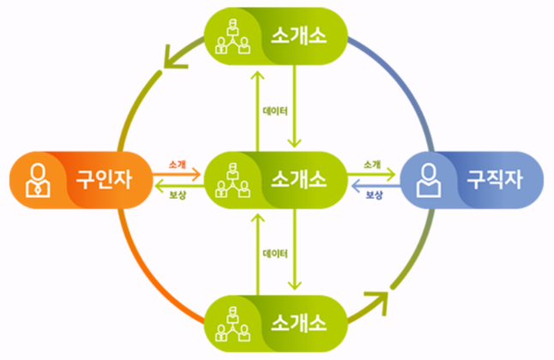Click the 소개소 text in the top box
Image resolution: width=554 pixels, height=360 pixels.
pyautogui.click(x=298, y=37)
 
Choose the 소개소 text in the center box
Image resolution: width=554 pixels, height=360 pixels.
pyautogui.click(x=298, y=179)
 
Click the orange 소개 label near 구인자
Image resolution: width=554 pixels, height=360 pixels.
pyautogui.click(x=178, y=164)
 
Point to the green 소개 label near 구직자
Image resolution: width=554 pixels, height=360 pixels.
pyautogui.click(x=372, y=164)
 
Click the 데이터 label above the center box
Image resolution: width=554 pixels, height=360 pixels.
pyautogui.click(x=274, y=111)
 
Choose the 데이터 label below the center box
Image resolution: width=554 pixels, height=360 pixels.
pyautogui.click(x=274, y=254)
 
